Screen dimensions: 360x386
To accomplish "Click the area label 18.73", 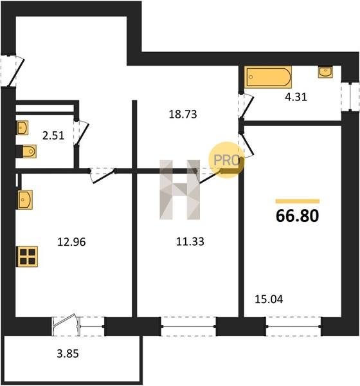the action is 183,115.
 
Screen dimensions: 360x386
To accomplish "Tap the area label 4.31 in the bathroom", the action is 296,97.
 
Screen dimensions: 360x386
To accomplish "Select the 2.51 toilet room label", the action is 53,136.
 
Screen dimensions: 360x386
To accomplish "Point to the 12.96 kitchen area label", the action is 71,242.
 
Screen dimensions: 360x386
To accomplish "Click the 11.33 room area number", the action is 190,241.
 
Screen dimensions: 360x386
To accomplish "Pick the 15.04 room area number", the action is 269,299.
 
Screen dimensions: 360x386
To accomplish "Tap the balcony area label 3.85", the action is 67,354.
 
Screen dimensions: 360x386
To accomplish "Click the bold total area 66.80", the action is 298,216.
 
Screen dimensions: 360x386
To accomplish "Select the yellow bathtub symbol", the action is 268,77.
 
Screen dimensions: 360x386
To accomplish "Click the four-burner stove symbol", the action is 27,257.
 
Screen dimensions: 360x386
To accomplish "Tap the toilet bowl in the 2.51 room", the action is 30,151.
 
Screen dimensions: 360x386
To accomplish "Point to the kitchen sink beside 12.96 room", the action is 24,199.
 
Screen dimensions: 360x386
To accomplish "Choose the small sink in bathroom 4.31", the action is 325,71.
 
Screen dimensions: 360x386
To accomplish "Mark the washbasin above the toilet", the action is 22,127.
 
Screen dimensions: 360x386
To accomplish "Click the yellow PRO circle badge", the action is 226,160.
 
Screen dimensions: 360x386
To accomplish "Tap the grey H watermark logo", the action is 179,190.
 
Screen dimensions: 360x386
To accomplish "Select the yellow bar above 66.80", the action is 298,201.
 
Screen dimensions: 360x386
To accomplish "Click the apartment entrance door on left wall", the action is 12,70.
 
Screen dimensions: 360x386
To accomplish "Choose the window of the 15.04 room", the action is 293,326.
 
